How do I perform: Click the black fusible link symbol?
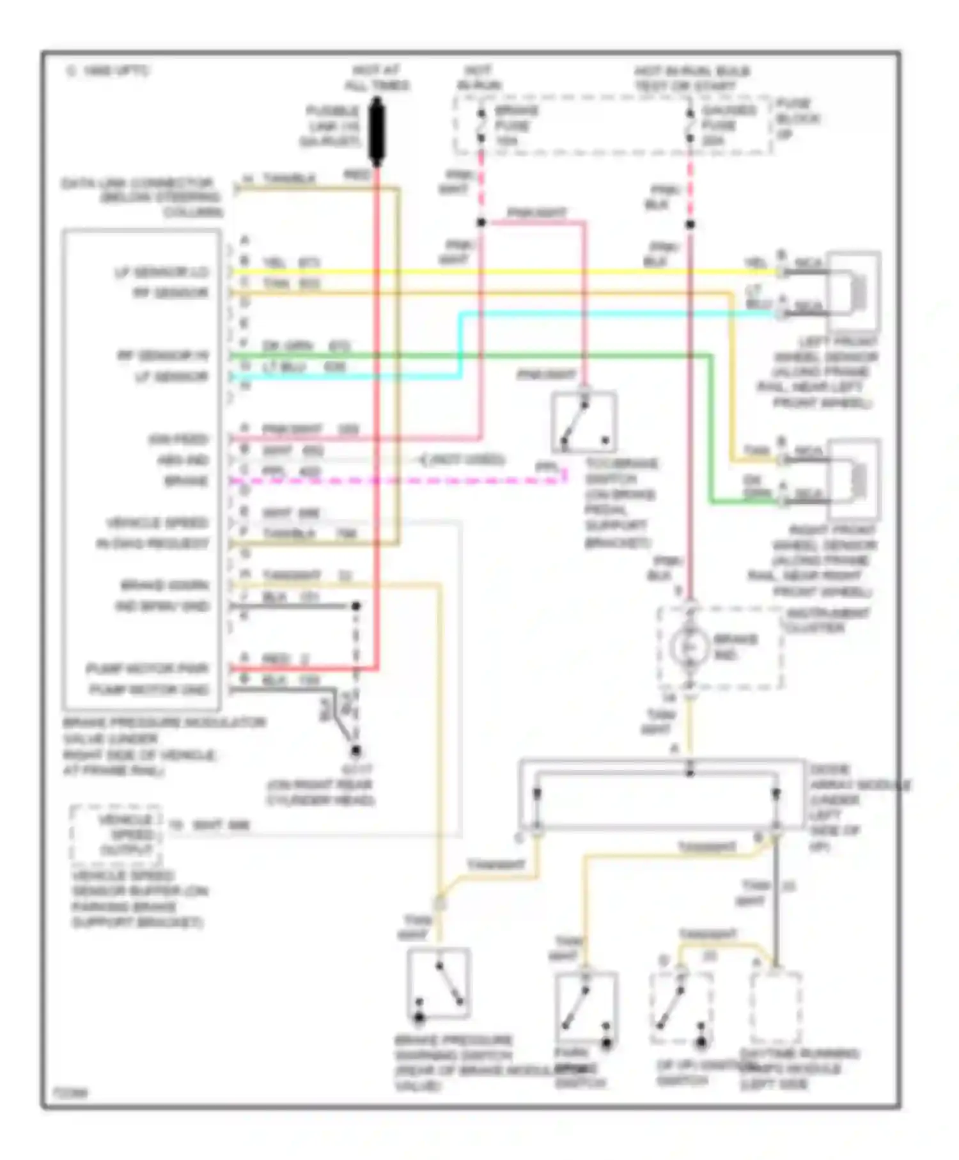point(377,132)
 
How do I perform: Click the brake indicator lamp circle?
point(689,647)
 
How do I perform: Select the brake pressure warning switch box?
point(439,984)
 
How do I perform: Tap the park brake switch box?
point(586,1009)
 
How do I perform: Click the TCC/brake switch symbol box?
point(584,423)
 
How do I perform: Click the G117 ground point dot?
point(355,750)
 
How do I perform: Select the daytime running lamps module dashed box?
point(776,1008)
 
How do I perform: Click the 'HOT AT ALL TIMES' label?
point(377,78)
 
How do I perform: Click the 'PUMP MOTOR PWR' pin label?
point(148,669)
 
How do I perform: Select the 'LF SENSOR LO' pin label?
point(161,272)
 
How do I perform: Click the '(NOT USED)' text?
point(467,460)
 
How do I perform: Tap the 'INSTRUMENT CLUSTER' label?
point(827,620)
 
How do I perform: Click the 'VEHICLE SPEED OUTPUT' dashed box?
point(116,835)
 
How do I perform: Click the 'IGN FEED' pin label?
point(178,439)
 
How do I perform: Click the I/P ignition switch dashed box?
point(681,1008)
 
